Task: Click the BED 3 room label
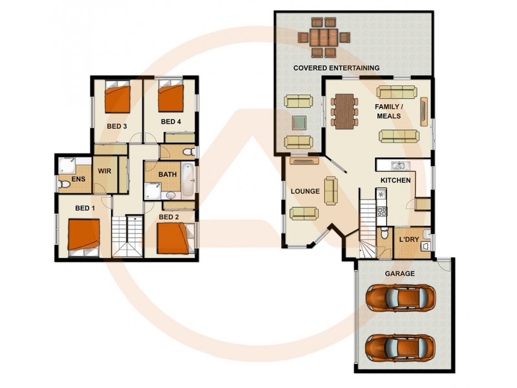pos(116,126)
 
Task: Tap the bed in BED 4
pos(172,98)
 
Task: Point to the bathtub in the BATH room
pos(187,180)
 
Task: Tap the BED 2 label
pos(169,217)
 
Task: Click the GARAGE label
pos(399,274)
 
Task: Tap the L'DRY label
pos(409,239)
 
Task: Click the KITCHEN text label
pos(395,180)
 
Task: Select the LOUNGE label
pos(306,191)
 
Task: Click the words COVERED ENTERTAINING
pos(336,68)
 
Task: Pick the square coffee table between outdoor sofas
pos(299,122)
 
